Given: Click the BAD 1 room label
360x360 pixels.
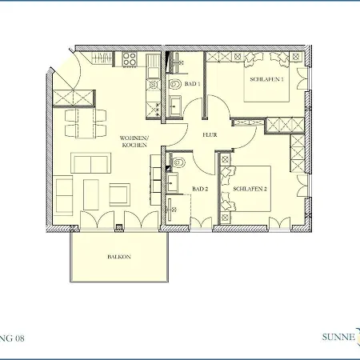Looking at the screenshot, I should pos(191,83).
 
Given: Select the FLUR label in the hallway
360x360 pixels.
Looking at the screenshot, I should pos(210,135).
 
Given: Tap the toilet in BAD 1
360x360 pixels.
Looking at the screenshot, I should pos(175,82).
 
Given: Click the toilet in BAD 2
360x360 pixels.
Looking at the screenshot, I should pos(179,166).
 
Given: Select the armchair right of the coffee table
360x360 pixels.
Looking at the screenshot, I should pos(119,194).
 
